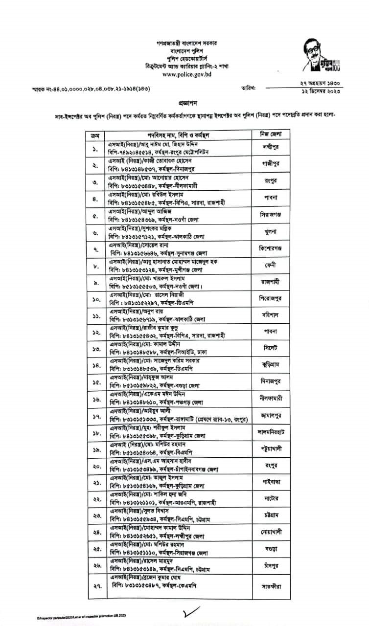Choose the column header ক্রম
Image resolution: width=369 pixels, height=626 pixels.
pos(95,134)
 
